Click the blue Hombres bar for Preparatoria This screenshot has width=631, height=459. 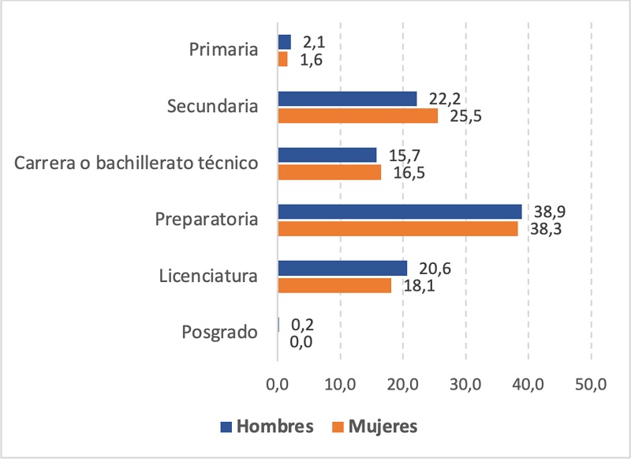pos(400,211)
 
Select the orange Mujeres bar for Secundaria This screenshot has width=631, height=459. pos(357,115)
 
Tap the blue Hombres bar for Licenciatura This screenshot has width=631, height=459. pos(342,268)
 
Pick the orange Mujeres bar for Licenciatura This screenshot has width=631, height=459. pos(334,285)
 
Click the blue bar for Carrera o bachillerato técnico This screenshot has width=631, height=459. pos(327,155)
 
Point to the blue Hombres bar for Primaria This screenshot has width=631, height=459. pos(284,42)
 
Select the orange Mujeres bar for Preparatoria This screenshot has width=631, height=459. pos(398,228)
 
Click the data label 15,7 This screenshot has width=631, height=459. pos(404,154)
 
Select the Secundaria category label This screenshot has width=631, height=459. pos(213,106)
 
